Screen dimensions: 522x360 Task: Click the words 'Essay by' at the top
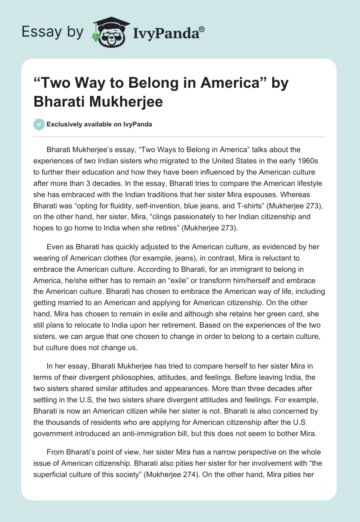click(53, 32)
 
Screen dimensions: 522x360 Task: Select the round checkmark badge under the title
click(39, 124)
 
